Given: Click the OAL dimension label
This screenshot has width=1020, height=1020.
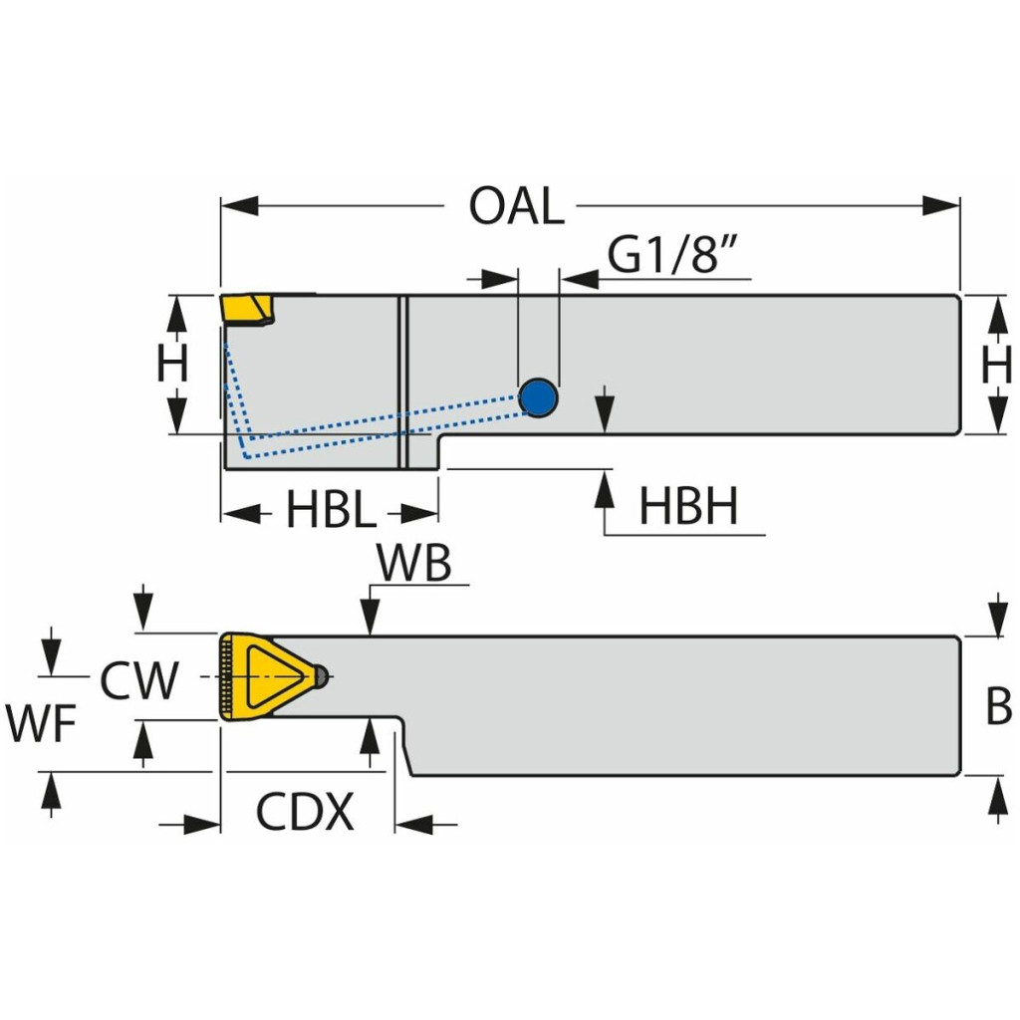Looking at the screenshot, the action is click(x=517, y=206).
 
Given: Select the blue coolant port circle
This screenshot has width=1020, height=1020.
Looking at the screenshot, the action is click(x=539, y=397).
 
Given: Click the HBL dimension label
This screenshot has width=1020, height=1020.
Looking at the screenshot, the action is click(x=331, y=509).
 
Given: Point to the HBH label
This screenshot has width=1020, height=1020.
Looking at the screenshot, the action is click(x=689, y=506).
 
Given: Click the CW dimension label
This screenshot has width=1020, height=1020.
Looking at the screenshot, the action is click(x=139, y=680).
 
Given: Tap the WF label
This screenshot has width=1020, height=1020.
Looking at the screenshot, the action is click(x=42, y=723).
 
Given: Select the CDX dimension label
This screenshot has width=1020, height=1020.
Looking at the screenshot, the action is click(x=305, y=811).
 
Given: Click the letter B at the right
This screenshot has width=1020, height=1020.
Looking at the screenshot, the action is click(x=998, y=705).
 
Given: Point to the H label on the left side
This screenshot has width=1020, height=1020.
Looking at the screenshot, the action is click(x=172, y=363).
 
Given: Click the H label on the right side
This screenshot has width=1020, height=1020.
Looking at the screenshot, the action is click(x=996, y=365).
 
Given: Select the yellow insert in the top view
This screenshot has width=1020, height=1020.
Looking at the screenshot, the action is click(x=247, y=309).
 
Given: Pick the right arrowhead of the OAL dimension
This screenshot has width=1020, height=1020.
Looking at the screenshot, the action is click(x=941, y=205).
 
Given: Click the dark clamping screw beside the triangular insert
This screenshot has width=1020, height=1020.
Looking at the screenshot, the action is click(x=320, y=676).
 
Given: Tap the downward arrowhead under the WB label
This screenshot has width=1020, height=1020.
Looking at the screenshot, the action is click(x=370, y=615).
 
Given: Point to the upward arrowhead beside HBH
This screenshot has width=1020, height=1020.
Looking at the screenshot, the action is click(x=605, y=489).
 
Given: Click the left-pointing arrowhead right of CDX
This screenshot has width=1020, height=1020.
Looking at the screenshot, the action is click(x=413, y=824).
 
